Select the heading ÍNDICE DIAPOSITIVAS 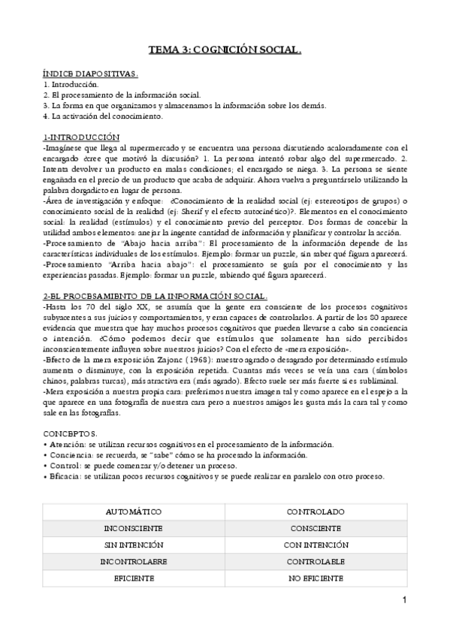90,75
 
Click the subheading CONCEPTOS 71,433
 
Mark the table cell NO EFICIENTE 316,578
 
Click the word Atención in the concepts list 66,445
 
